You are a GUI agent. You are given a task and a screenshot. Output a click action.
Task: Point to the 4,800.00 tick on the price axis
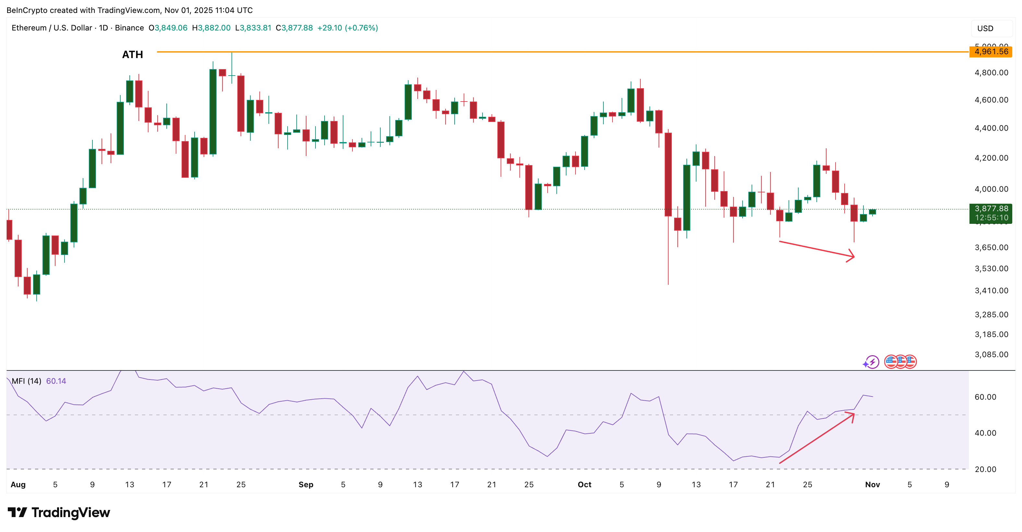[991, 73]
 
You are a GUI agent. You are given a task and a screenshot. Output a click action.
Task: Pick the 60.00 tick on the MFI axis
[985, 397]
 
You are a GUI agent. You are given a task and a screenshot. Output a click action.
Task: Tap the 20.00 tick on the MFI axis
[985, 469]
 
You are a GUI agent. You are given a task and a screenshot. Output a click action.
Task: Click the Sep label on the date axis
[306, 484]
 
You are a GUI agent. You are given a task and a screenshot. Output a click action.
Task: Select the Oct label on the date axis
[584, 484]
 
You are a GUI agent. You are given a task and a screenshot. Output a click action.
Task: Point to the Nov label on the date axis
[873, 484]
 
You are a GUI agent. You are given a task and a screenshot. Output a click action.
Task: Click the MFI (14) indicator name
[26, 381]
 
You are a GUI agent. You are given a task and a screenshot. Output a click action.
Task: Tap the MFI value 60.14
[56, 381]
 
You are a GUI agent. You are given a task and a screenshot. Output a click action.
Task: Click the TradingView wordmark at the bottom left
[59, 513]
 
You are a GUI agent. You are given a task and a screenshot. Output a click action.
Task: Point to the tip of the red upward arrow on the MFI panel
[853, 414]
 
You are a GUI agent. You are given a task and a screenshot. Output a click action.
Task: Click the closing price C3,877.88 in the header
[294, 28]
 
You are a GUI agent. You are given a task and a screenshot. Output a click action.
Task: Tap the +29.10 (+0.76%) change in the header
[347, 28]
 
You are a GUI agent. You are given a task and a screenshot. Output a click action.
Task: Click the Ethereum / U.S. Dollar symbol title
[52, 28]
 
